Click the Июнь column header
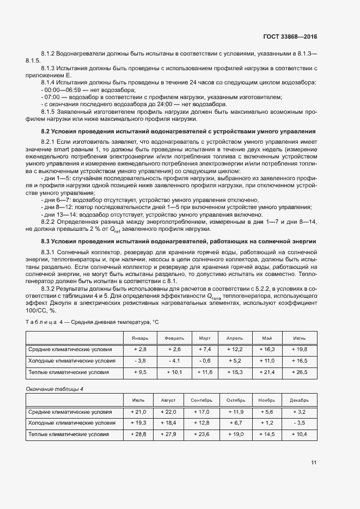click(x=300, y=338)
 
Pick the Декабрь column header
click(x=300, y=400)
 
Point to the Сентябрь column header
click(x=202, y=400)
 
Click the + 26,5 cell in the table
click(x=300, y=372)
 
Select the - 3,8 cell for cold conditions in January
click(x=140, y=360)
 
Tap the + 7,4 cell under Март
click(x=204, y=349)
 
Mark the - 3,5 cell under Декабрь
click(x=300, y=423)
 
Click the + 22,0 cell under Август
click(x=168, y=412)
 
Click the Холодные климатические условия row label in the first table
click(x=72, y=360)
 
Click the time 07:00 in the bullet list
click(x=51, y=97)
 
